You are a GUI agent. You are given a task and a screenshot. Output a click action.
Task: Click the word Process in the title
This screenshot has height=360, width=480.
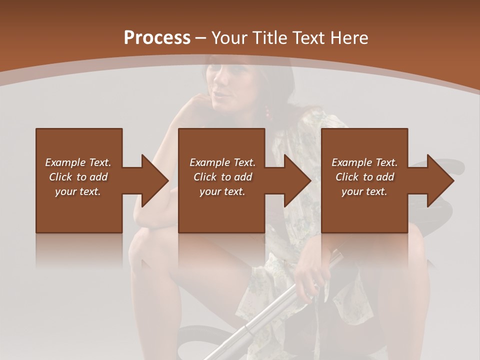point(157,38)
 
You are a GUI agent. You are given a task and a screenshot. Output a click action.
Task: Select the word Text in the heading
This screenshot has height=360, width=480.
point(308,38)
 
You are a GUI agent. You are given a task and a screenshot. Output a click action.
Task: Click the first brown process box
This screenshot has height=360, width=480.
point(79,210)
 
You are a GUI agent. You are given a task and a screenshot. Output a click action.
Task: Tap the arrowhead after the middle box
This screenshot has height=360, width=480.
point(297,180)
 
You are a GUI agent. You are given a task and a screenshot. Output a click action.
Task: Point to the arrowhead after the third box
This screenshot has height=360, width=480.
point(440,180)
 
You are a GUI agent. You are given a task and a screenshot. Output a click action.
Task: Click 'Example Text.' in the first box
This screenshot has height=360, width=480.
point(78,162)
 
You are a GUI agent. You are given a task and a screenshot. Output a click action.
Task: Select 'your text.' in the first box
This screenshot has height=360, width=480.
point(78,191)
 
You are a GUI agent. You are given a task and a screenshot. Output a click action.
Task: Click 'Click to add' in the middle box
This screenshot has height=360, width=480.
point(222,177)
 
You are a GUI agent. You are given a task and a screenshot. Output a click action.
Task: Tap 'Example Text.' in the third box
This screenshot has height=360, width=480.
point(364,162)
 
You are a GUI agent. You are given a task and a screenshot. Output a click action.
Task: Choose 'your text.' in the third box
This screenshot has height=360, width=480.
point(364,191)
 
